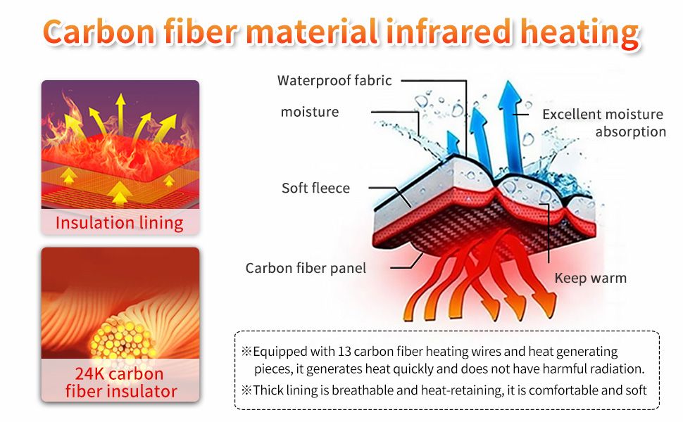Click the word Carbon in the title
pos(99,32)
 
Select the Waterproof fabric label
pos(334,80)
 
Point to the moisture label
pos(310,112)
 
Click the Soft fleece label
pos(316,188)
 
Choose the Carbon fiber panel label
pos(306,268)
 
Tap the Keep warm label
pos(591,278)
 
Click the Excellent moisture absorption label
pos(604,122)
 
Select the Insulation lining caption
pos(120,223)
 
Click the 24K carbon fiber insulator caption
pos(121,383)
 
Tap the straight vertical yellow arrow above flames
pos(120,114)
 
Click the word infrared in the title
pos(449,32)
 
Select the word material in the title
pos(312,32)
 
